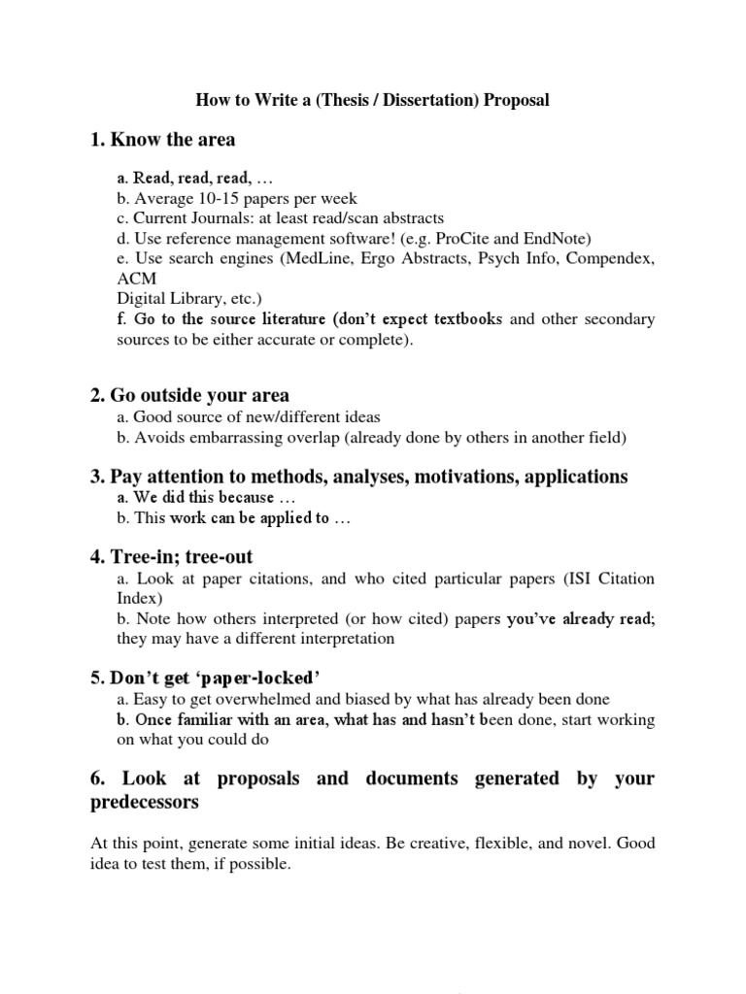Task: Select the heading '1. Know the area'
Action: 163,140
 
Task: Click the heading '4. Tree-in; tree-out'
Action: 172,557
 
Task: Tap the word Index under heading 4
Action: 136,599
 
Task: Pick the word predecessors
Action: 145,803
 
